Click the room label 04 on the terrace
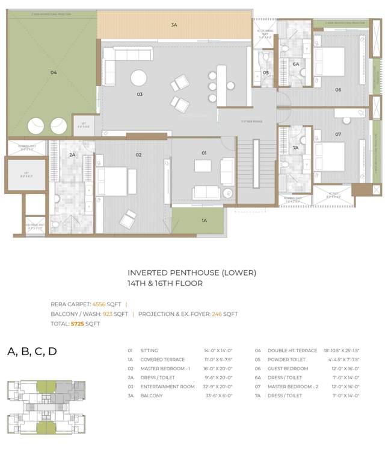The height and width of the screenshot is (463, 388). tap(54, 73)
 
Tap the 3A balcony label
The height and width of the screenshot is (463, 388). tap(174, 25)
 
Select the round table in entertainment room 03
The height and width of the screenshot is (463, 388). tap(139, 78)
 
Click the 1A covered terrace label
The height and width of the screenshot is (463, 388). tap(204, 221)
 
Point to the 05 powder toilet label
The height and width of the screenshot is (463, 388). tap(265, 73)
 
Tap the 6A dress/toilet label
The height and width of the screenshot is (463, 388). tap(295, 63)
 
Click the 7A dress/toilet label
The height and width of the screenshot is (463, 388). tap(295, 148)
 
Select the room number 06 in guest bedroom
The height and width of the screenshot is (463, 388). tap(338, 90)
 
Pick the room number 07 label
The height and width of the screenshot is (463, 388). tap(338, 134)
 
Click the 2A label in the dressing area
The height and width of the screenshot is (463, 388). tap(72, 155)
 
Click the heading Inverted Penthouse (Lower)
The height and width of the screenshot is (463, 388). tap(191, 272)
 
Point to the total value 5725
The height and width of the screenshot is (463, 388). tap(78, 324)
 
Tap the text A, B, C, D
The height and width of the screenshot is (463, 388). tap(32, 351)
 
